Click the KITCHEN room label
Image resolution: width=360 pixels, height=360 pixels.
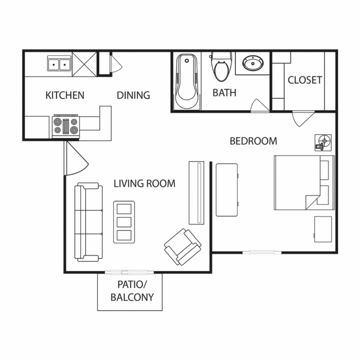(x=65, y=95)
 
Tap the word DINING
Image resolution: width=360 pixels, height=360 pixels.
(x=134, y=95)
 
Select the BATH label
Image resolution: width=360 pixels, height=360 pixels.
(x=225, y=93)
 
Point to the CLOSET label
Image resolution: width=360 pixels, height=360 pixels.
(x=305, y=80)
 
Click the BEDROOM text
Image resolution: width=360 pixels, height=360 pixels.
(x=254, y=141)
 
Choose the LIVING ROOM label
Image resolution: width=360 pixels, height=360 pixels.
(x=145, y=183)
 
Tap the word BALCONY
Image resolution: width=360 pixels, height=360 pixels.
(x=132, y=297)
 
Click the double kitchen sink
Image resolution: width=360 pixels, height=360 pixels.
(x=60, y=63)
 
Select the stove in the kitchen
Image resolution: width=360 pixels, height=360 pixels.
(x=66, y=126)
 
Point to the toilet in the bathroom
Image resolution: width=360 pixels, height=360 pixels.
(x=221, y=67)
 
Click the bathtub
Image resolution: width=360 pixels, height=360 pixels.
(x=187, y=81)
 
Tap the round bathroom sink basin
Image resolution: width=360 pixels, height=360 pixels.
(x=253, y=63)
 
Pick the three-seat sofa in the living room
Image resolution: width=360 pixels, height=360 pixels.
(x=89, y=222)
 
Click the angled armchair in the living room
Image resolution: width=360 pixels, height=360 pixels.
(x=183, y=247)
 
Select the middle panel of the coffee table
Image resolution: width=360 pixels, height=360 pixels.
(x=124, y=222)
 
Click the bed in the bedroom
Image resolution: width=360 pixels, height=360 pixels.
(x=304, y=183)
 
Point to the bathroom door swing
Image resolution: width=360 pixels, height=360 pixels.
(x=260, y=105)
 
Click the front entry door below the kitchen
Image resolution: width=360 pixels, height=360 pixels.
(x=76, y=158)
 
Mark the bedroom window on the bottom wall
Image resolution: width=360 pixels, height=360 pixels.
(x=262, y=253)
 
